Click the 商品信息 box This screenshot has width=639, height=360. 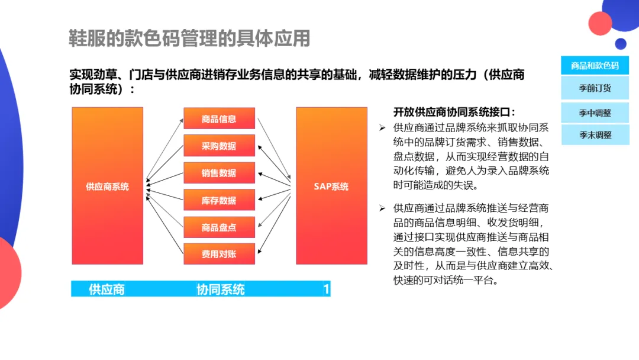(x=219, y=118)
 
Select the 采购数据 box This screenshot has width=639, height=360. (x=219, y=146)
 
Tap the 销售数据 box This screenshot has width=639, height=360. (x=219, y=173)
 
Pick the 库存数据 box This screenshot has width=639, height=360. (x=219, y=200)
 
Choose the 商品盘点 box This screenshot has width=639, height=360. (x=219, y=227)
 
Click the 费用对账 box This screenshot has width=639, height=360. (x=219, y=254)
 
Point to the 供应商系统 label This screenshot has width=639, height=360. (x=107, y=186)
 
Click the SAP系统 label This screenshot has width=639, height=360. (x=331, y=186)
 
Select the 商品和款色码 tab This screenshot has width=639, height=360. (x=595, y=65)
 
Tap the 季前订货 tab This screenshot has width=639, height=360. (x=595, y=88)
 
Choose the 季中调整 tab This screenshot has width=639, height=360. (x=595, y=112)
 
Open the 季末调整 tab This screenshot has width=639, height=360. (x=595, y=134)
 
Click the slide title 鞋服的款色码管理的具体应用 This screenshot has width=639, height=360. (x=189, y=38)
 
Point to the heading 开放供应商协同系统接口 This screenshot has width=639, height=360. (x=454, y=112)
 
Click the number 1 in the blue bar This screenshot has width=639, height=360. (x=326, y=290)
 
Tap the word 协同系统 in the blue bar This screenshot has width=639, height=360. (x=221, y=290)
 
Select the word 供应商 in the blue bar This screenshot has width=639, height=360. (x=106, y=290)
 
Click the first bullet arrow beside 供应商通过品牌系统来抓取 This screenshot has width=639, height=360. (x=382, y=128)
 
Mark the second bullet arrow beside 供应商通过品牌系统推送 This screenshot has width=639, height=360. (x=382, y=208)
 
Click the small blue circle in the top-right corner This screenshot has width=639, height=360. (x=620, y=43)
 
